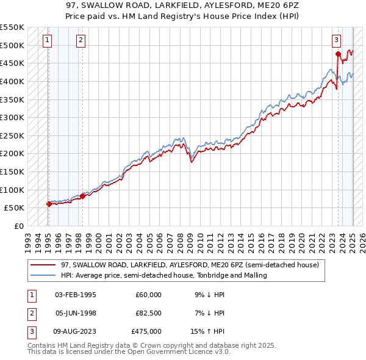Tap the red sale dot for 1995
tap(49, 204)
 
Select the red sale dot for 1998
tap(83, 196)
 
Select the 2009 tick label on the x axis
tap(190, 237)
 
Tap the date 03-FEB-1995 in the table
tap(76, 295)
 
